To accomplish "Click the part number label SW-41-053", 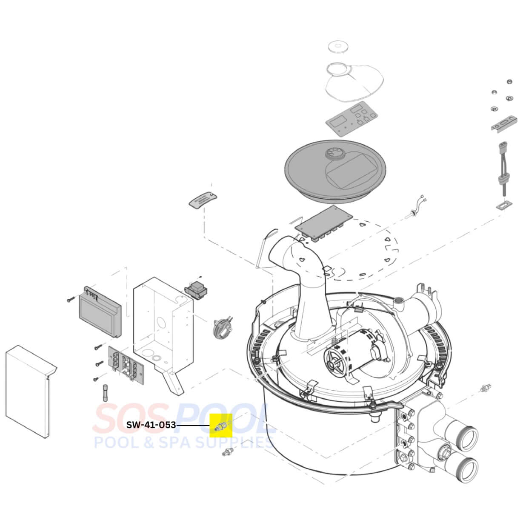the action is point(151,425).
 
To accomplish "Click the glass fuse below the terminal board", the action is point(106,393).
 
